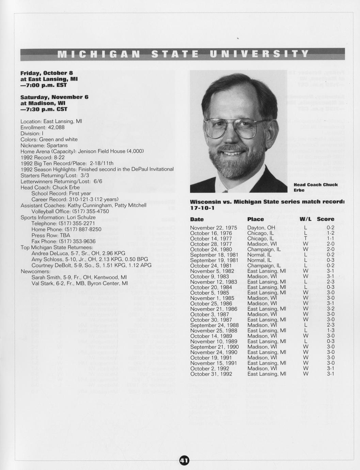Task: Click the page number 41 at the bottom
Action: (184, 460)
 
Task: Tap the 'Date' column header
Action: (197, 219)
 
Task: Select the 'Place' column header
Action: (255, 219)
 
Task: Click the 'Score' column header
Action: (325, 219)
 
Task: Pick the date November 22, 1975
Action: (214, 228)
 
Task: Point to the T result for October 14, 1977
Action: (306, 239)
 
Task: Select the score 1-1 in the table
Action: (330, 239)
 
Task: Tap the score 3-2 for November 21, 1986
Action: (330, 309)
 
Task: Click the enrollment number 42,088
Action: (57, 127)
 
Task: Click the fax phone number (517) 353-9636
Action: (77, 241)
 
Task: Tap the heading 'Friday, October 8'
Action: (47, 73)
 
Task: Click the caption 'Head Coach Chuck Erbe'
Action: (315, 187)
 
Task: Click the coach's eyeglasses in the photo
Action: (235, 127)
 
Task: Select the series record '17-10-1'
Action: (202, 208)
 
